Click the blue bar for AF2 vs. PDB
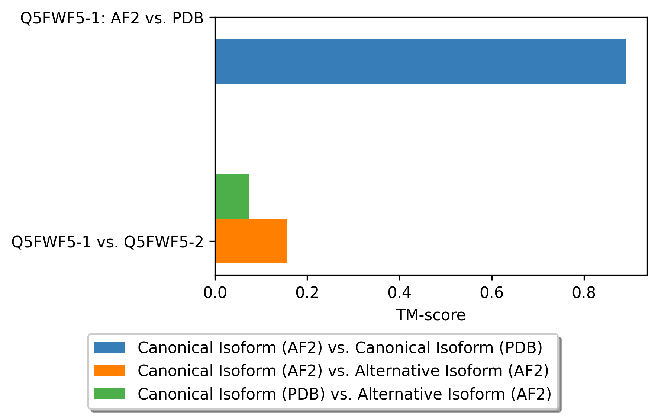click(x=420, y=62)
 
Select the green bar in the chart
click(x=232, y=196)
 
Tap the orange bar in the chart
click(x=251, y=241)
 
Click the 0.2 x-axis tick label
click(x=307, y=293)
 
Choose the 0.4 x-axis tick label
click(x=399, y=293)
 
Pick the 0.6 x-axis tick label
click(x=491, y=293)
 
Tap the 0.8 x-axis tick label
click(x=584, y=293)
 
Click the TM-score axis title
click(x=431, y=315)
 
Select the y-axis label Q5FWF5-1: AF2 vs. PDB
click(x=112, y=18)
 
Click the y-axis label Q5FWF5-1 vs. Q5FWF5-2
click(x=108, y=242)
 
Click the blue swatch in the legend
click(x=110, y=347)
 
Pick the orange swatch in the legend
click(x=110, y=371)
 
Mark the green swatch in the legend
click(x=110, y=394)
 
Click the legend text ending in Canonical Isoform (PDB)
click(x=340, y=348)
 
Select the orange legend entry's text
click(x=343, y=371)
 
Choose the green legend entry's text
click(x=344, y=394)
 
